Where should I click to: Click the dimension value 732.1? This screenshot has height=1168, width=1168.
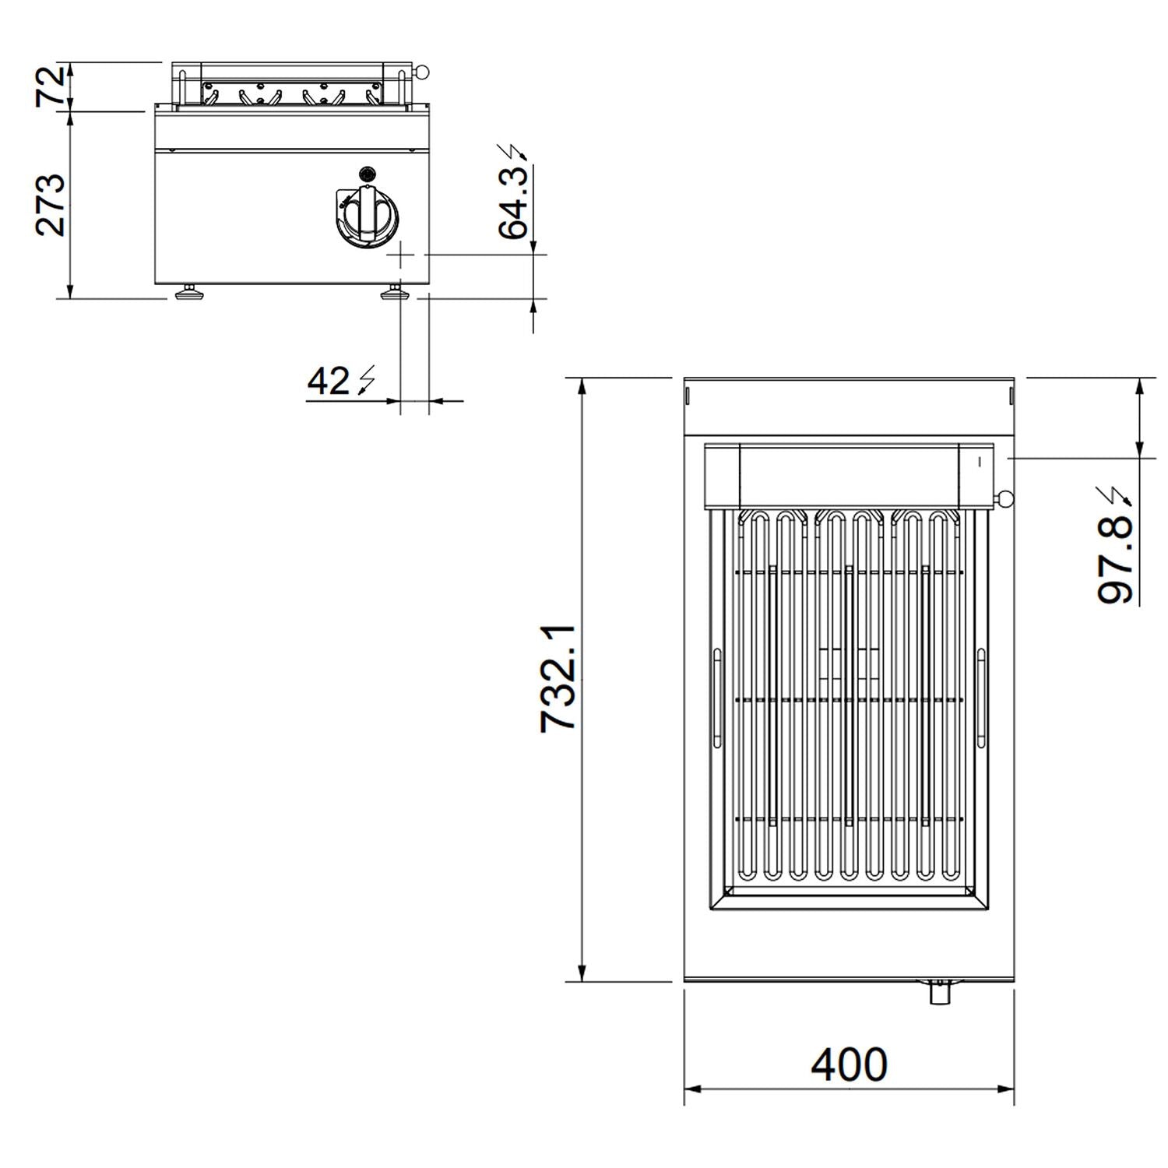(558, 678)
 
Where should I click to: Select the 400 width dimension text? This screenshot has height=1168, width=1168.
(849, 1064)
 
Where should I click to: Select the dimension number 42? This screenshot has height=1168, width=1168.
(329, 382)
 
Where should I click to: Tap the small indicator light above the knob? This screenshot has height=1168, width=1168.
(367, 173)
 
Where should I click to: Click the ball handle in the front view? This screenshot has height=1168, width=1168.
(421, 72)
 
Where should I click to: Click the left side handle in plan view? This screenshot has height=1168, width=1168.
(716, 698)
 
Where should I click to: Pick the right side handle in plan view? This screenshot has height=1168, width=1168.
(981, 698)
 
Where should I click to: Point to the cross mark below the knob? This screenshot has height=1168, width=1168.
(402, 254)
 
